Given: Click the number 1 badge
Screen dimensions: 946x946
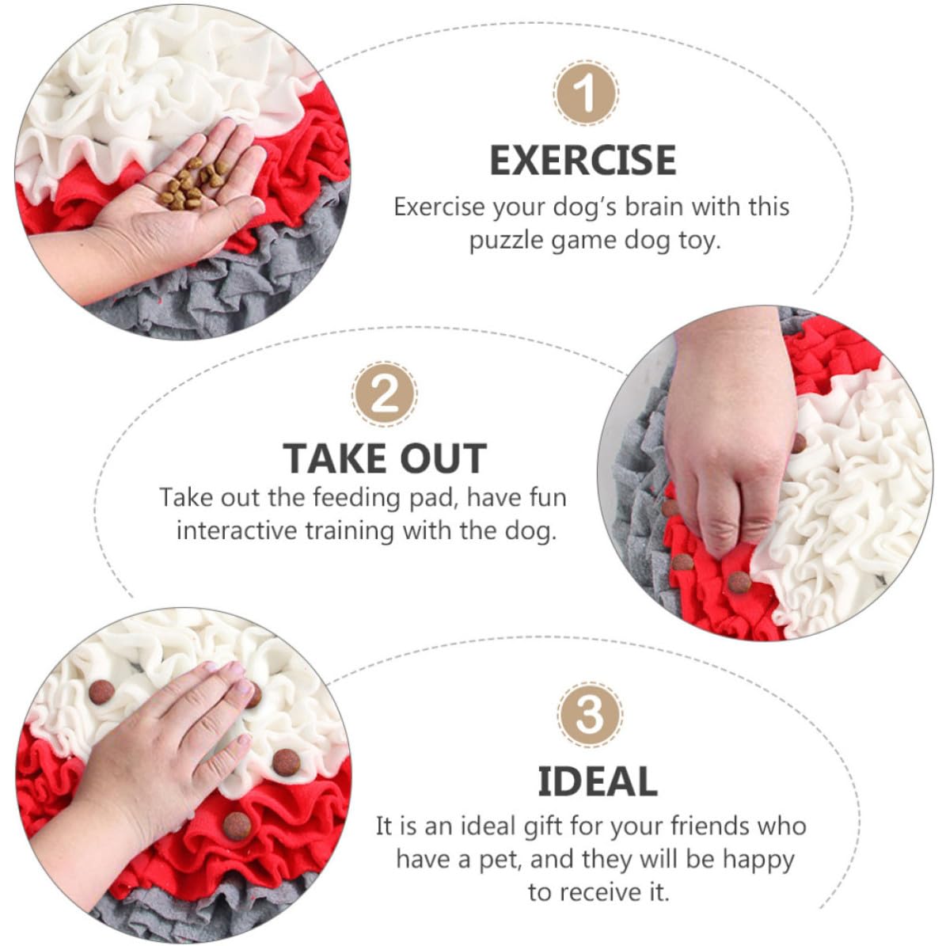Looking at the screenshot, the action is pos(585,93).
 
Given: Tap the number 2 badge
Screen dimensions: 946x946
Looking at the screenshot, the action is pos(384,394).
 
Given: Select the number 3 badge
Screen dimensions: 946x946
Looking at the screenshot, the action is pos(590,715).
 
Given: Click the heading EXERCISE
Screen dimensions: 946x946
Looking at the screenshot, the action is pos(583,161).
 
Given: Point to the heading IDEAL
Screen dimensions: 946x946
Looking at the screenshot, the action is pos(597,781).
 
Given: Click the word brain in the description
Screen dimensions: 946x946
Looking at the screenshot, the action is pos(654,207).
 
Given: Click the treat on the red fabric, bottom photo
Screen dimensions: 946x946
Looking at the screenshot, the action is pos(237,826).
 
